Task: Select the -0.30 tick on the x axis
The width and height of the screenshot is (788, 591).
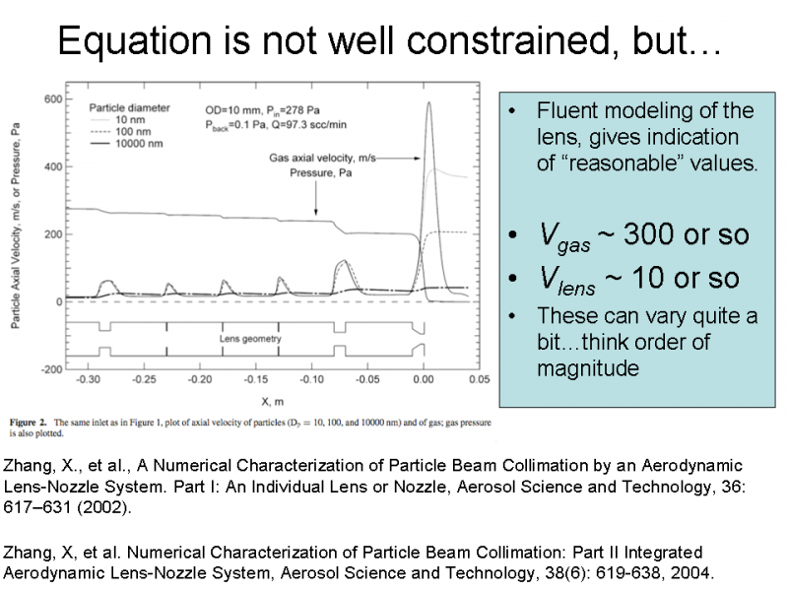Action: point(89,379)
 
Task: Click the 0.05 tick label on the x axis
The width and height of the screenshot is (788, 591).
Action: point(479,379)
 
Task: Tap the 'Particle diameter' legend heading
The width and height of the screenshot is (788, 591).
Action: point(130,107)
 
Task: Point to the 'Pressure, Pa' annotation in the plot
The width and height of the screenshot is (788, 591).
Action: point(320,174)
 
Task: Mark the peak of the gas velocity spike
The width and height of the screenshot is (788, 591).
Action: point(427,102)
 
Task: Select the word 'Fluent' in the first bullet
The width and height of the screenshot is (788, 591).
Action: point(566,110)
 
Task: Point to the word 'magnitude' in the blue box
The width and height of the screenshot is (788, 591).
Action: point(588,368)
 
